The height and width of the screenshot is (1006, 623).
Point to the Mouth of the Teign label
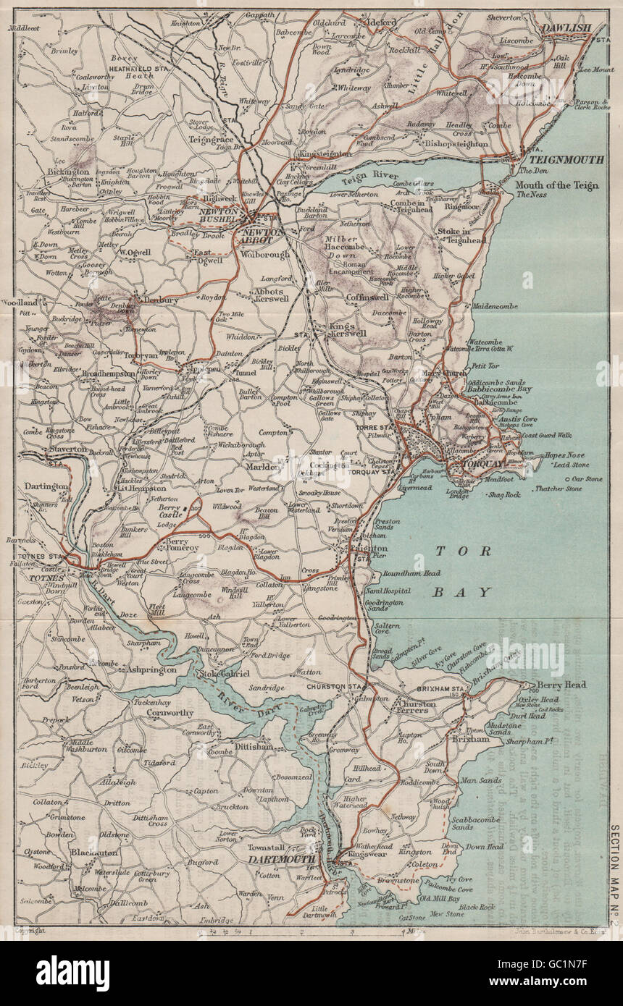pyautogui.click(x=556, y=185)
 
